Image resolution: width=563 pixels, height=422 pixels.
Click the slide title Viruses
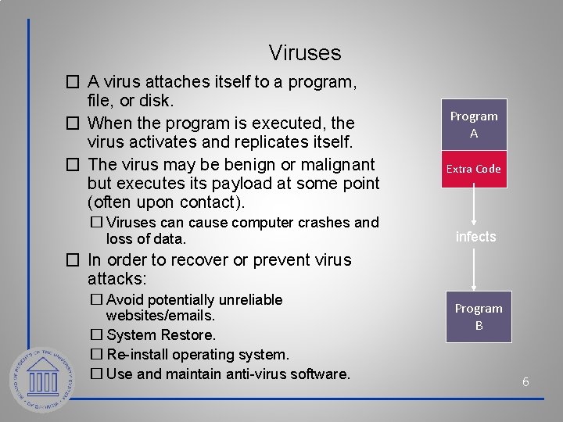coord(305,53)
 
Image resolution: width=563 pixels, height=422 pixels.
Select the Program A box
coord(474,125)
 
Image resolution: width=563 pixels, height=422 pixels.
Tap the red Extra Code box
coord(474,169)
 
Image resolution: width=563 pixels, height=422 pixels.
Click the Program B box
coord(479,316)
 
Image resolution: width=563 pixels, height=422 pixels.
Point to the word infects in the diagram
coord(475,237)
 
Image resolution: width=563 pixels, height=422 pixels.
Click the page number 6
coord(525,382)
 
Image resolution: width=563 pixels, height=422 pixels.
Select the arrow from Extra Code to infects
coord(475,206)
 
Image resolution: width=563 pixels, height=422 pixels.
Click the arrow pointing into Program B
coord(475,270)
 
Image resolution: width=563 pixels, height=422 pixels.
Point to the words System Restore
coord(161,335)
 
